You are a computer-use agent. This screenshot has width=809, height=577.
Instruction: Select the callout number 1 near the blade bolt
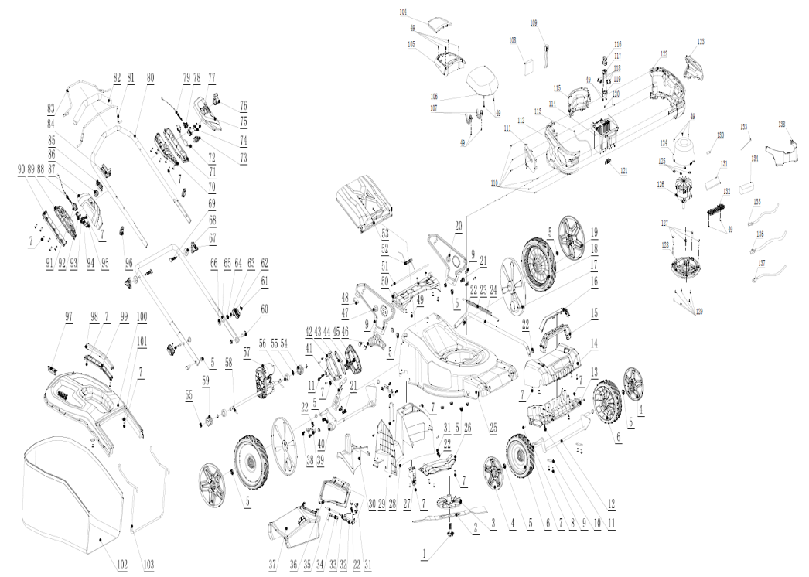[x=424, y=554]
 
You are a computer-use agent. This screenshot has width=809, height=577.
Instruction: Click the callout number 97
[x=69, y=319]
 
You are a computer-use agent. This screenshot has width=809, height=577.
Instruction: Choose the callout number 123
[x=701, y=41]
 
